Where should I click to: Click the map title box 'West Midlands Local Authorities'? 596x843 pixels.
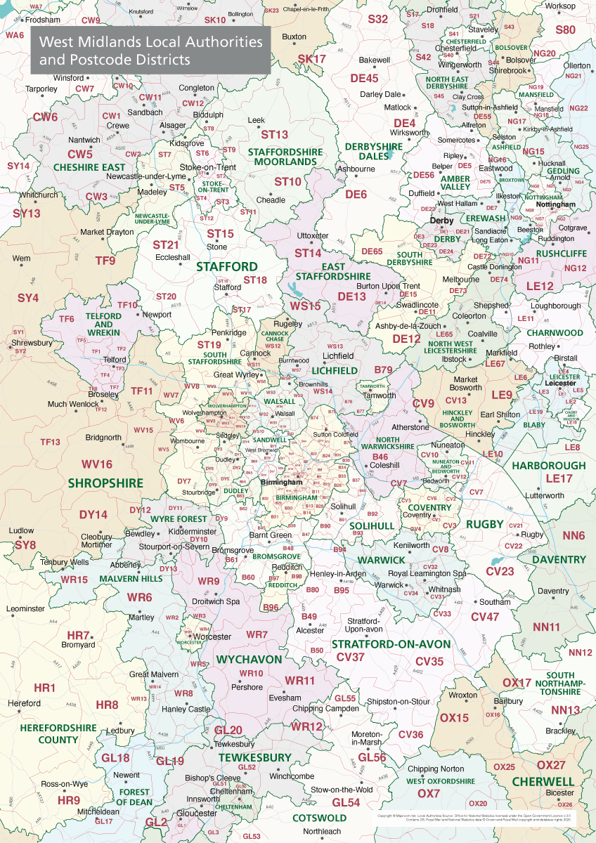point(150,51)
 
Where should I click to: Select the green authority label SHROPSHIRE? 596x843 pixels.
point(105,483)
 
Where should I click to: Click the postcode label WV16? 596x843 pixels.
point(96,464)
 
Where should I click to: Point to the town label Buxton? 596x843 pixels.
point(294,36)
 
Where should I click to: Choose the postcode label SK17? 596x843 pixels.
point(312,59)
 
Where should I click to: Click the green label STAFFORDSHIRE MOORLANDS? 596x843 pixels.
point(285,157)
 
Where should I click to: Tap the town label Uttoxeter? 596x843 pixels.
point(313,235)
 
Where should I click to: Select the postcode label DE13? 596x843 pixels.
point(352,296)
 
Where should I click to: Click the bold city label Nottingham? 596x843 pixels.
point(556,204)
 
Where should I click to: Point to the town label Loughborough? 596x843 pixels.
point(556,306)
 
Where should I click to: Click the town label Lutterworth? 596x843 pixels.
point(544,495)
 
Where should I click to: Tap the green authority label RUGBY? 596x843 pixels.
point(485,524)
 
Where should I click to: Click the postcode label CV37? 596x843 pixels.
point(351,657)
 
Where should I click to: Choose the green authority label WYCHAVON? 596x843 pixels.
point(249,660)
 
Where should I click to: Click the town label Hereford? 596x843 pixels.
point(25,703)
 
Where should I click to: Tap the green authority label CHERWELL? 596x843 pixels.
point(543,781)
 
